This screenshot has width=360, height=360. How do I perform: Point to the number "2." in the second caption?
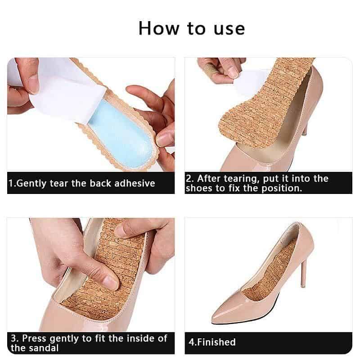189,179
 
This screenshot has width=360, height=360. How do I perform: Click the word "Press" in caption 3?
34,338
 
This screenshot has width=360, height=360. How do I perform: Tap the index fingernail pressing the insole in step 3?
111,283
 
